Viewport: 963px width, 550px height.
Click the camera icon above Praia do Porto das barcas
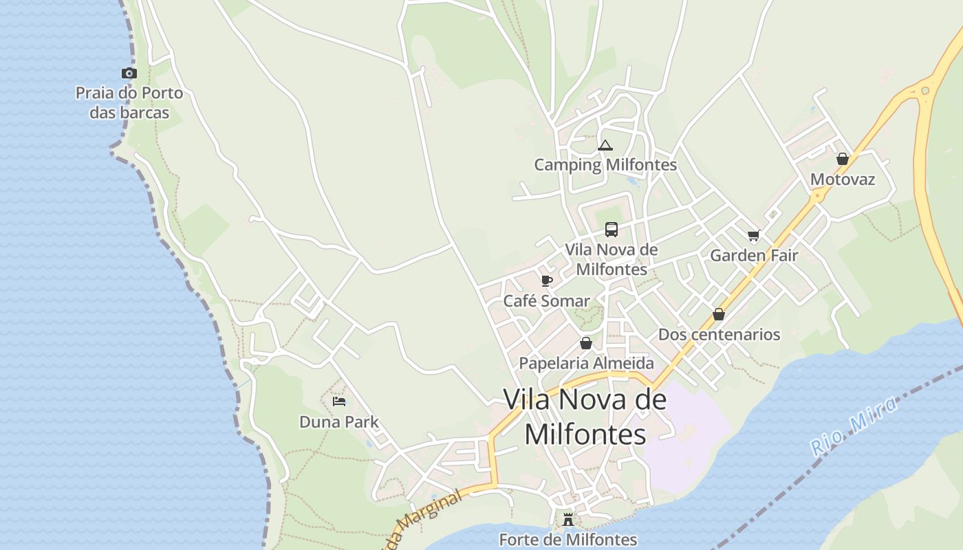(129, 73)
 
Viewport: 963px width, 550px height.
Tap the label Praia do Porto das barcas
(129, 102)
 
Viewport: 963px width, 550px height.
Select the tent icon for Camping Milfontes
(605, 145)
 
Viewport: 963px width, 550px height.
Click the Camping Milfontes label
(605, 165)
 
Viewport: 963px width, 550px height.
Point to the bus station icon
(612, 230)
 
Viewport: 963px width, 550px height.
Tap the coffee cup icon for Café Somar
(547, 280)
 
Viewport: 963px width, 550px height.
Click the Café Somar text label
(547, 301)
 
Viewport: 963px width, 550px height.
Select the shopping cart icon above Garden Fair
(754, 236)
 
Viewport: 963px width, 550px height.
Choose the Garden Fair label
(754, 256)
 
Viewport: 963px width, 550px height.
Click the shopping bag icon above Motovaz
(843, 159)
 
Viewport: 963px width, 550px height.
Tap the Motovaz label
(843, 179)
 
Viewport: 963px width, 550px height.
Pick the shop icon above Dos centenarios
(719, 314)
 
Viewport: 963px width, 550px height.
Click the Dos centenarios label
(719, 335)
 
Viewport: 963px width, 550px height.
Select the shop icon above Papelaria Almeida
(586, 343)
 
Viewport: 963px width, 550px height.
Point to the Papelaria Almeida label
(586, 363)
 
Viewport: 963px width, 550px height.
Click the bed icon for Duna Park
(339, 401)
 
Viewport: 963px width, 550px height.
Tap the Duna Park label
(339, 422)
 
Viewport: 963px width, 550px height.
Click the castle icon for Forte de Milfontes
(568, 520)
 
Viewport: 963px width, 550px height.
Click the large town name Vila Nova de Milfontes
(585, 417)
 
